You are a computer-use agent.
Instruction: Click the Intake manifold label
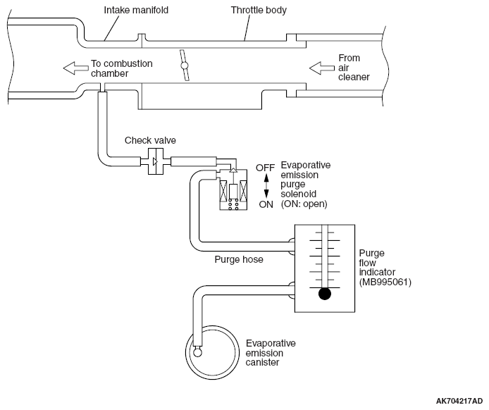136,10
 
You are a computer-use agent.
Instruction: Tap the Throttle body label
259,10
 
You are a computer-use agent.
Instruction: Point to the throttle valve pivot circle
185,66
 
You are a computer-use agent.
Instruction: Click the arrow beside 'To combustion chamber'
76,68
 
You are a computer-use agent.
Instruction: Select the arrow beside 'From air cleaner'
322,68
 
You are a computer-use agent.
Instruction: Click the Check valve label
150,140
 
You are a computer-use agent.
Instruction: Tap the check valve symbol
155,161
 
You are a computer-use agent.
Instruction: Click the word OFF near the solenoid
265,168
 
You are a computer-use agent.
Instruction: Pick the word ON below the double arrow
266,204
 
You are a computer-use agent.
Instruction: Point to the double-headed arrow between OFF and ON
266,186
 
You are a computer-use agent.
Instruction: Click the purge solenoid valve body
233,190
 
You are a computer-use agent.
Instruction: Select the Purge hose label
239,259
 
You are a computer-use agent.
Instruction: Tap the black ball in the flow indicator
325,294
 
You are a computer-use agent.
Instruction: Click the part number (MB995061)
385,282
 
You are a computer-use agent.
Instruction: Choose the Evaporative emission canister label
271,353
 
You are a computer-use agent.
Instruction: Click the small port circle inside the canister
198,352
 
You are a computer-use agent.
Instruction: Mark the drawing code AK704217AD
459,401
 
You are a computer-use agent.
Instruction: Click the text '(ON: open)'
304,204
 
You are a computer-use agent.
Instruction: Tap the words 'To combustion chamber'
122,68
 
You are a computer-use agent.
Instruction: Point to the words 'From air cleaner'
354,68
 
